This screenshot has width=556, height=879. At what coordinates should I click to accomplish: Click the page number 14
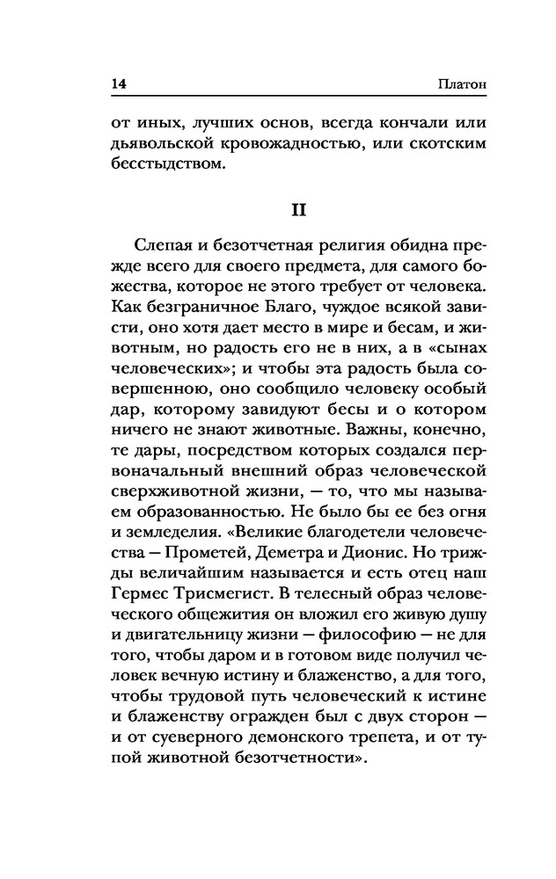tap(120, 84)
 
